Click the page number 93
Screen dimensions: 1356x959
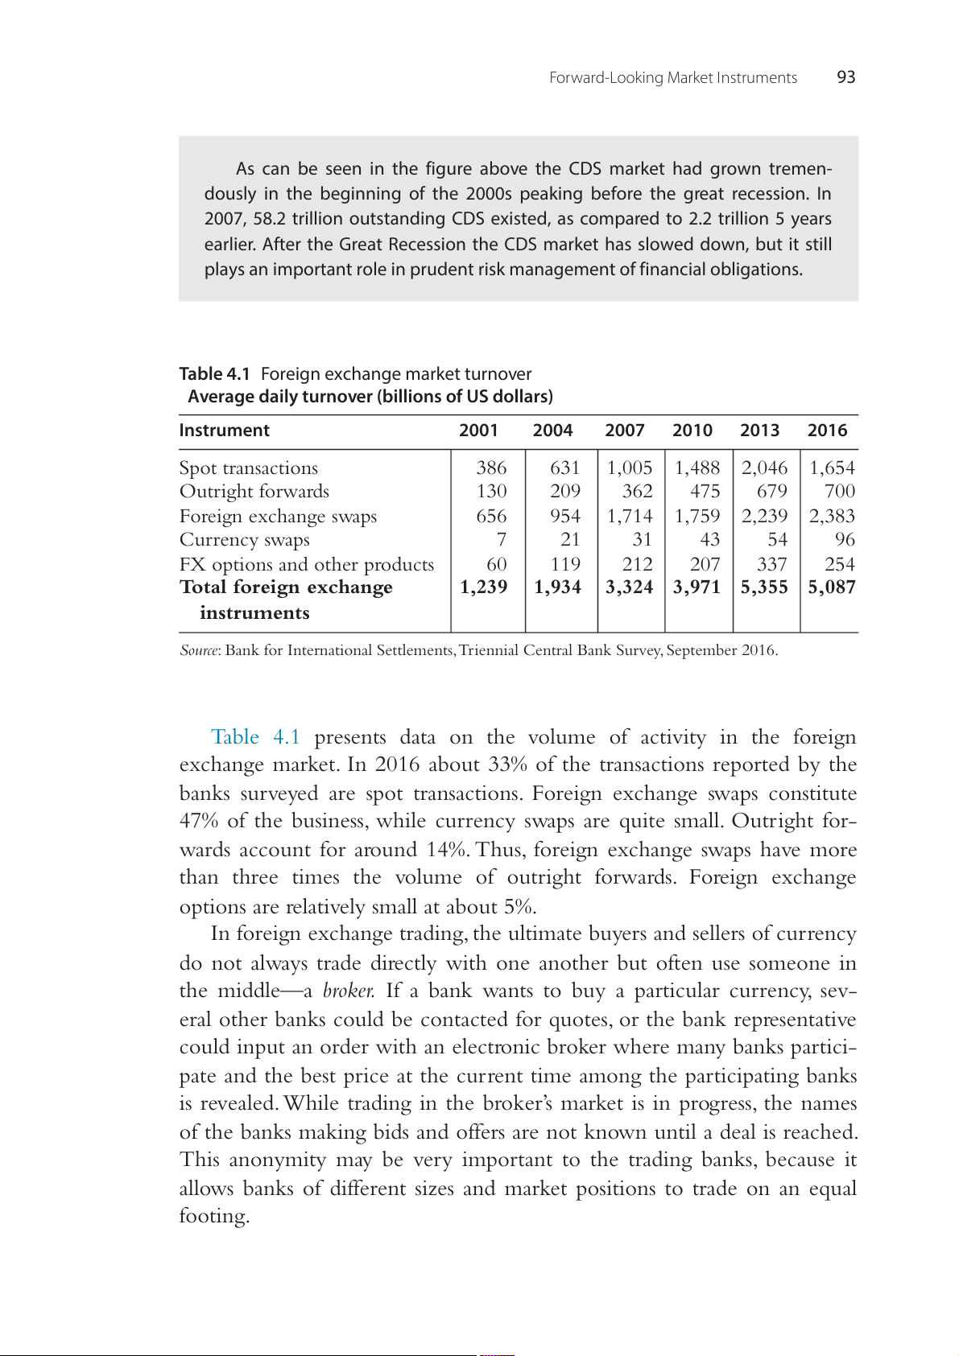(845, 77)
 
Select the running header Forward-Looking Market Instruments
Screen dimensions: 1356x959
(672, 78)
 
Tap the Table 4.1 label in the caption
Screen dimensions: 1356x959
(214, 374)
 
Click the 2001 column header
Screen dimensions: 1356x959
(478, 431)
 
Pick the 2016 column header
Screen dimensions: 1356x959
(827, 431)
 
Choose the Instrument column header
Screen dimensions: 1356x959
(224, 431)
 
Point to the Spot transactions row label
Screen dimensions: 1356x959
(248, 468)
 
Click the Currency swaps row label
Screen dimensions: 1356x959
(244, 540)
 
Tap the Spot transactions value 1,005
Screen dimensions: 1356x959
(629, 468)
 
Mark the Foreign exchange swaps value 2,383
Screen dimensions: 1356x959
(832, 517)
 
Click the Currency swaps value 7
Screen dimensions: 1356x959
(501, 540)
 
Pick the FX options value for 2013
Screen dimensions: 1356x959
(771, 565)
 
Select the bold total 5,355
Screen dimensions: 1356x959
(764, 587)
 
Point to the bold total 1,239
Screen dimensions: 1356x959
(483, 587)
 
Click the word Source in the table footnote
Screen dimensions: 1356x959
(198, 650)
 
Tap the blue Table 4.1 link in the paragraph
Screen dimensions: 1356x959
(255, 737)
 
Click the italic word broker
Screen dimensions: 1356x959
(348, 991)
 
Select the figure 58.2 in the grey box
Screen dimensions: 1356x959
(270, 219)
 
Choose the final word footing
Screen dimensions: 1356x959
(213, 1216)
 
